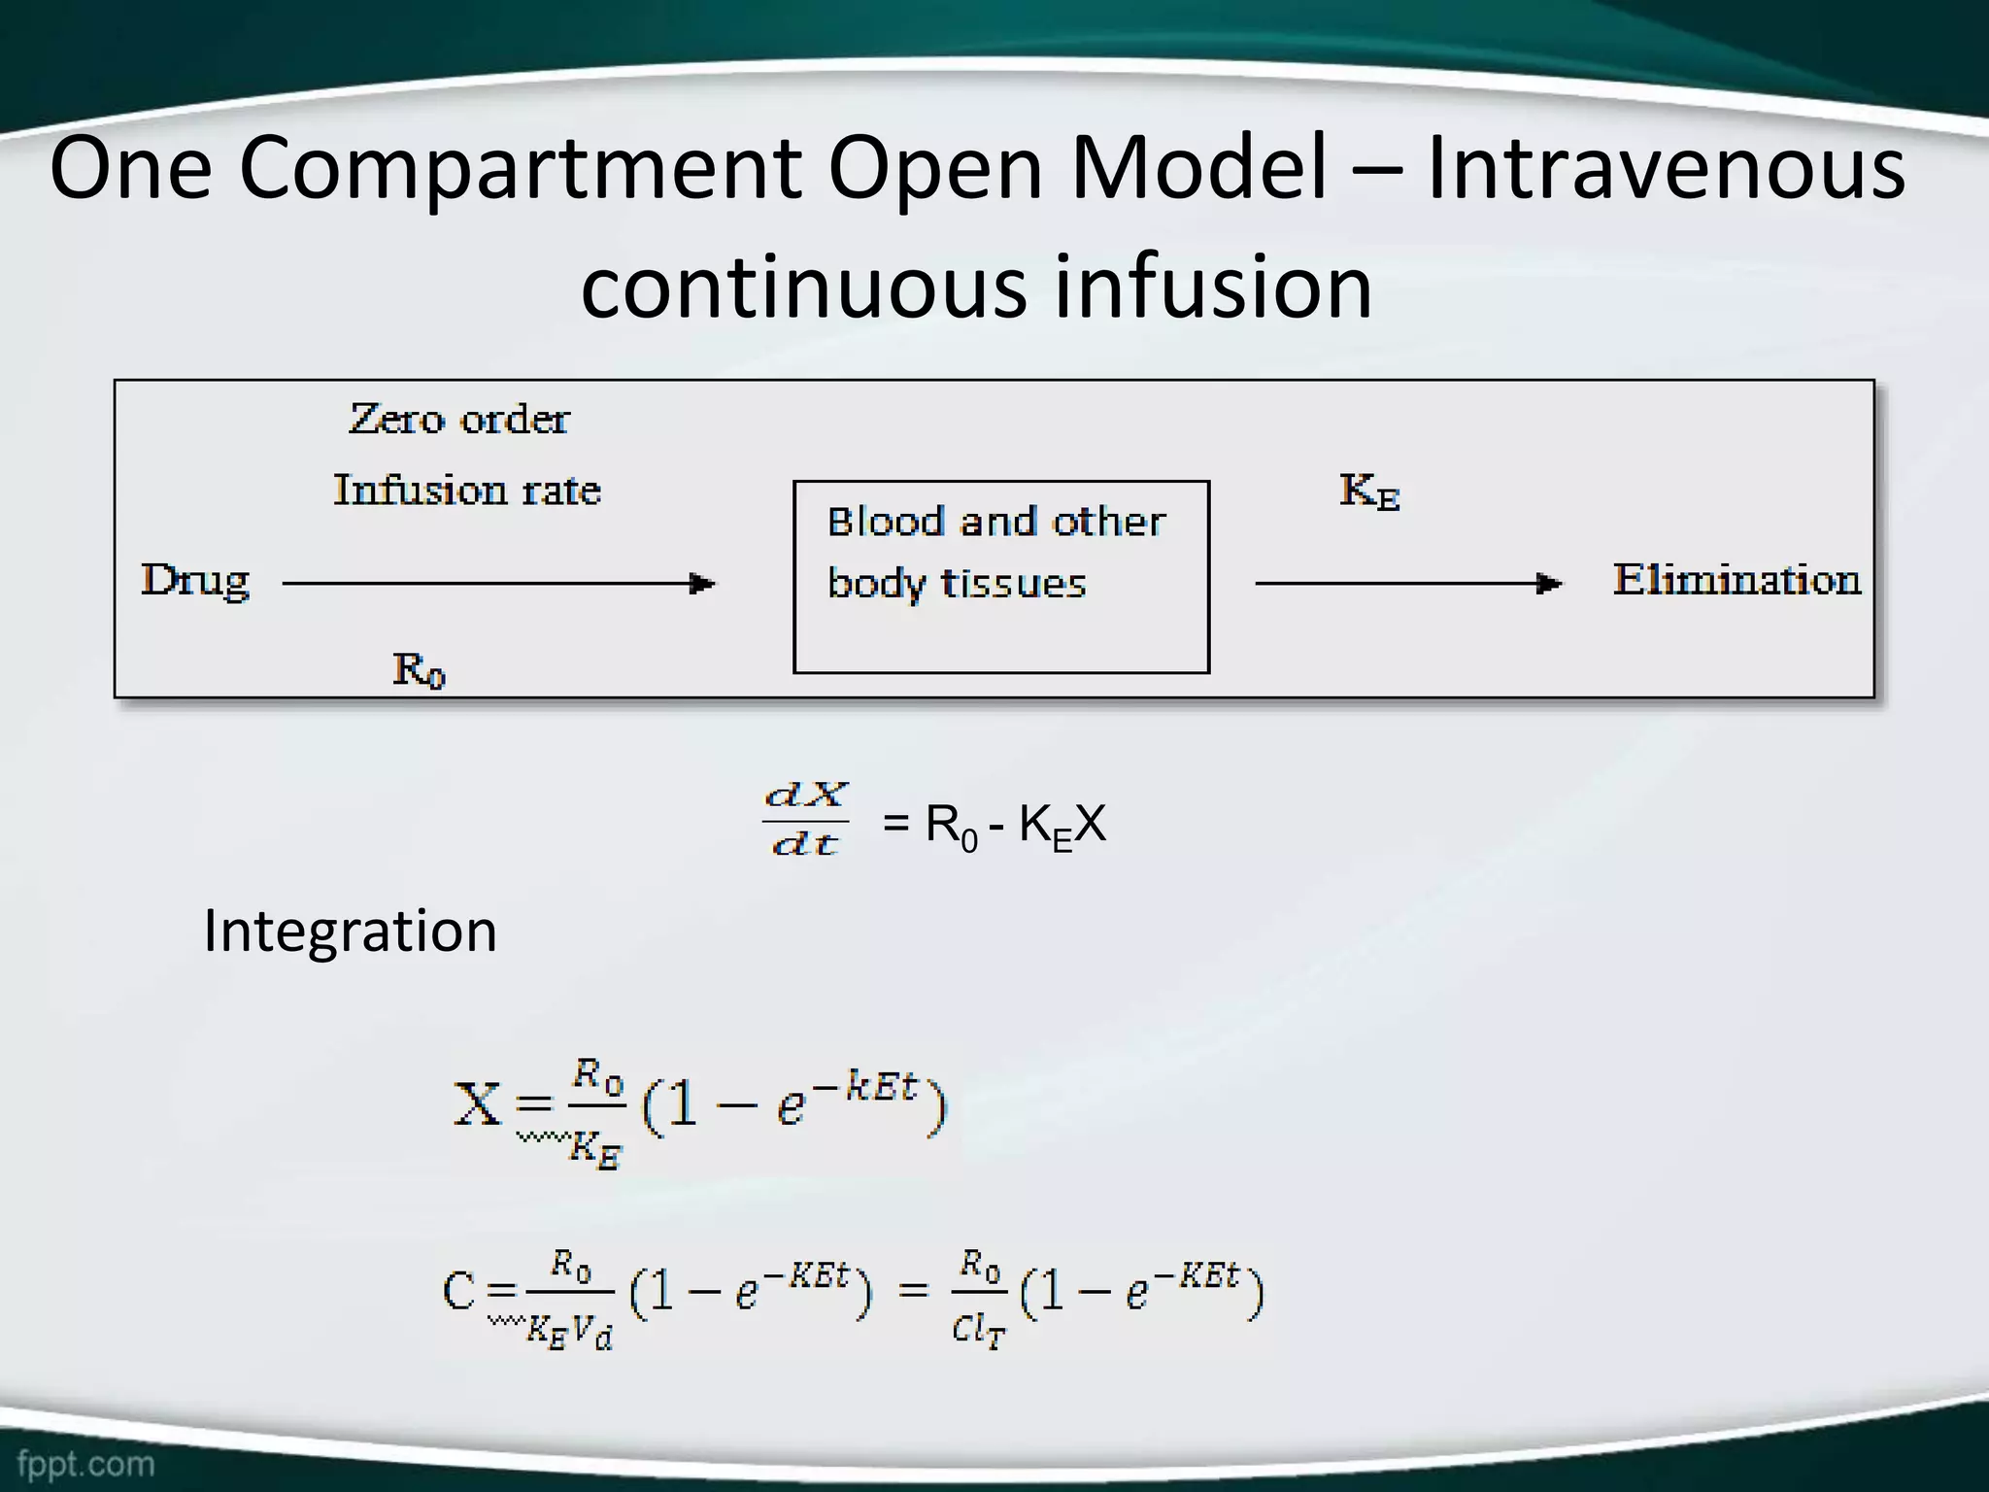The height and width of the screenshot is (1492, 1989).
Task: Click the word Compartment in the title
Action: click(x=520, y=170)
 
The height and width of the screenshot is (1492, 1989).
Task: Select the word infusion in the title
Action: click(x=1213, y=287)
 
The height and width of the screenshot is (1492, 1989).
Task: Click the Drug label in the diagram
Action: click(x=195, y=582)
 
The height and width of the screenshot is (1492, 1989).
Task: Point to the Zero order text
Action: click(x=458, y=420)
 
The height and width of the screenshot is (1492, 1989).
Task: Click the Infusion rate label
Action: click(x=467, y=490)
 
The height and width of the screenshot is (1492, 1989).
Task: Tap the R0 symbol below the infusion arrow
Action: click(x=419, y=670)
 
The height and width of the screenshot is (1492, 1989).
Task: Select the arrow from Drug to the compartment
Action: click(x=498, y=584)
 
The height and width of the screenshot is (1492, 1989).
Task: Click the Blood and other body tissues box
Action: click(x=1000, y=576)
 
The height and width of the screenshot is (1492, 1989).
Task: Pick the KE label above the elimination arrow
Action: click(x=1369, y=492)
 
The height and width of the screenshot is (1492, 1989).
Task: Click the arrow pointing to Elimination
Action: click(x=1408, y=584)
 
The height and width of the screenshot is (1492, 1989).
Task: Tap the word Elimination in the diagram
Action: click(x=1736, y=580)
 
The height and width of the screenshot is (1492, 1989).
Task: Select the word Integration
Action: click(x=350, y=931)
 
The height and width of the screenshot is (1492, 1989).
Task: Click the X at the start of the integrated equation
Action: click(x=477, y=1104)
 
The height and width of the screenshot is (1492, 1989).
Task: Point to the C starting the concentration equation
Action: click(x=458, y=1292)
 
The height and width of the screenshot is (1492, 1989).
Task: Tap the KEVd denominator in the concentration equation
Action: click(x=569, y=1331)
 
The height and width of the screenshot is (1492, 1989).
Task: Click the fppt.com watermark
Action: click(x=85, y=1463)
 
